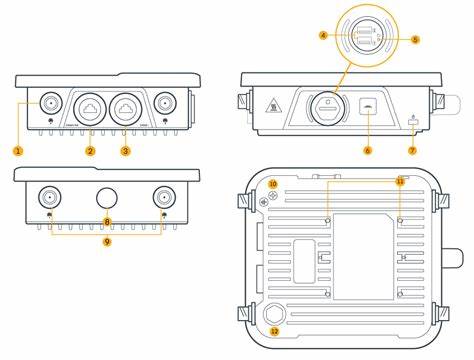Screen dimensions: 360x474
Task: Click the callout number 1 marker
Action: coord(18,150)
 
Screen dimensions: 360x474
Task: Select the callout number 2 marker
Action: coord(90,150)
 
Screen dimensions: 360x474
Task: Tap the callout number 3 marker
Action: coord(125,150)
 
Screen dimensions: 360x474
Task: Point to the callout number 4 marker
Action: coord(323,35)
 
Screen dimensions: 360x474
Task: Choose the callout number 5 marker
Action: coord(415,39)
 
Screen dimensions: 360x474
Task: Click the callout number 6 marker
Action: coord(367,150)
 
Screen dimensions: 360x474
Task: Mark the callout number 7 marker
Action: coord(412,150)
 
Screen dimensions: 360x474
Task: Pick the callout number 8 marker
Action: coord(106,219)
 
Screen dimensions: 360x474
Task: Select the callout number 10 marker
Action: coord(273,184)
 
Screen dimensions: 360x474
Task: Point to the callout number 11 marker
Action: coord(399,181)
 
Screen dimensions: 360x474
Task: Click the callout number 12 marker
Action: coord(275,331)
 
